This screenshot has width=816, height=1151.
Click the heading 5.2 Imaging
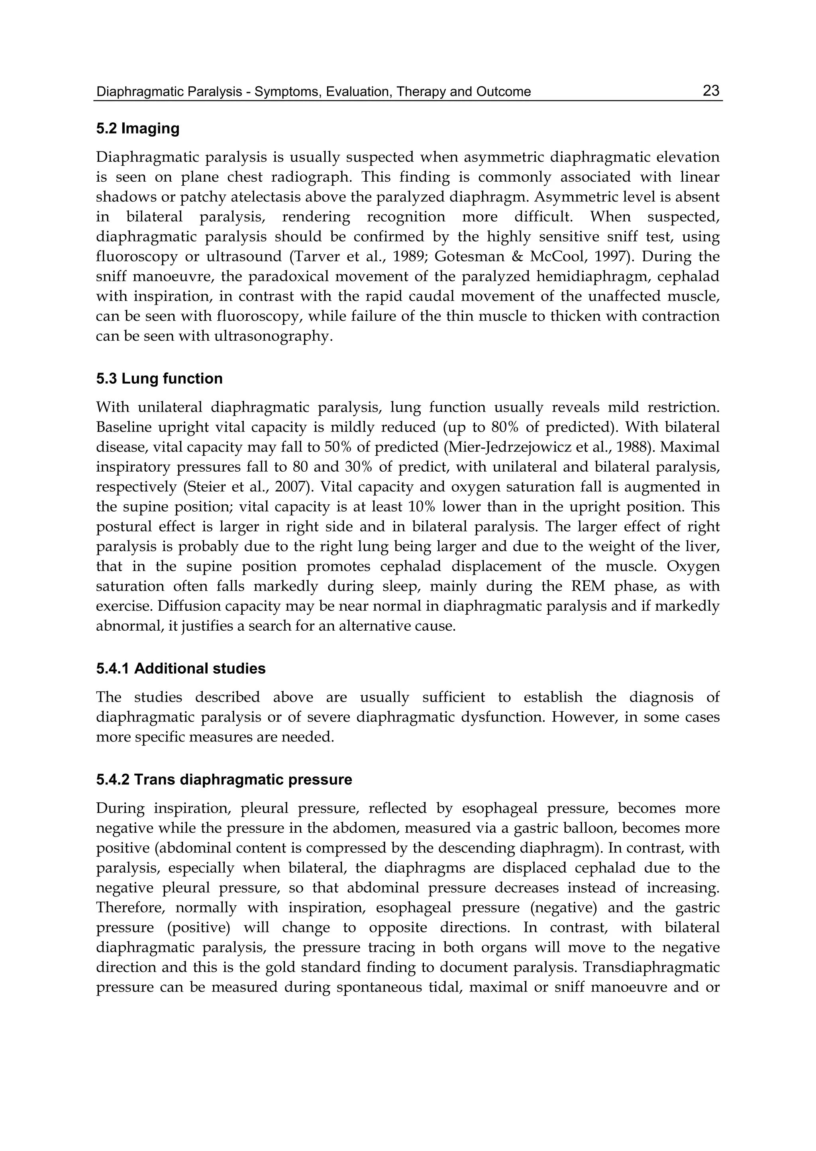(138, 129)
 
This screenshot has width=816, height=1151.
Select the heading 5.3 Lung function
(159, 378)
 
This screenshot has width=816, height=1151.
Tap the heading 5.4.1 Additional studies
(181, 669)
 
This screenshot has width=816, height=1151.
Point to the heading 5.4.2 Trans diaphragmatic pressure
(224, 780)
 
